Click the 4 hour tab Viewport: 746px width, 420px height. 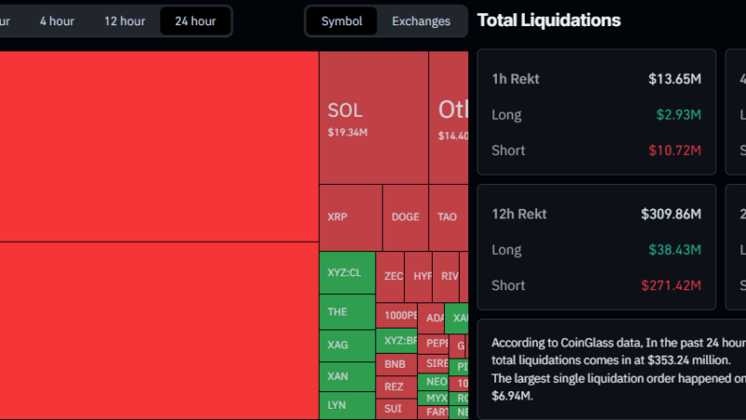[x=57, y=21]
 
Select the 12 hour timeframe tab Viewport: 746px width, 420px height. [x=124, y=21]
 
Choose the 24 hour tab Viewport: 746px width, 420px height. [x=195, y=21]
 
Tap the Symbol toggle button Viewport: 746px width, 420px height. [x=341, y=21]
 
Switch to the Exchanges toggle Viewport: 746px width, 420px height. [x=421, y=21]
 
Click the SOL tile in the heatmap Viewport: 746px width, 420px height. [x=373, y=117]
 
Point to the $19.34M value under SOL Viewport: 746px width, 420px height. [x=348, y=133]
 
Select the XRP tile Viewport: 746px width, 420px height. [x=350, y=217]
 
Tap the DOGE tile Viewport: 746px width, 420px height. [x=406, y=217]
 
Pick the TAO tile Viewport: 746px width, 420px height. [x=448, y=217]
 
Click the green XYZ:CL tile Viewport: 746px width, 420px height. [x=346, y=273]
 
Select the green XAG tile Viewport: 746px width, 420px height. [x=346, y=344]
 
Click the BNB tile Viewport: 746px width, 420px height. [x=395, y=363]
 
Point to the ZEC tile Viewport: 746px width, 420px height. [x=394, y=276]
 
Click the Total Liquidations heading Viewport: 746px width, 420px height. [x=548, y=20]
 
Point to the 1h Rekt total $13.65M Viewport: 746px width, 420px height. [x=674, y=79]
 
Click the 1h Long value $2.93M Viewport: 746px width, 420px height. [x=679, y=115]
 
